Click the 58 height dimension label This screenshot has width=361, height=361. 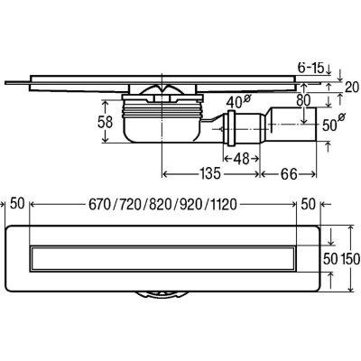106,122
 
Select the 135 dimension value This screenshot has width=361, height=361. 210,174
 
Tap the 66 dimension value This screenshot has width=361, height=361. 289,174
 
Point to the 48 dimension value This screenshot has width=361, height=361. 241,159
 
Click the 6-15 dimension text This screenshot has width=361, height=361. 310,68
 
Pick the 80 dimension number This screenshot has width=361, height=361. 303,101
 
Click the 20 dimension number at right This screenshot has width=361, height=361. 352,88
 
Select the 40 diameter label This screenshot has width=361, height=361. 238,102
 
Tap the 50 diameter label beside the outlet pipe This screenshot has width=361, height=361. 333,124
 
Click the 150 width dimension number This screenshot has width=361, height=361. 351,259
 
